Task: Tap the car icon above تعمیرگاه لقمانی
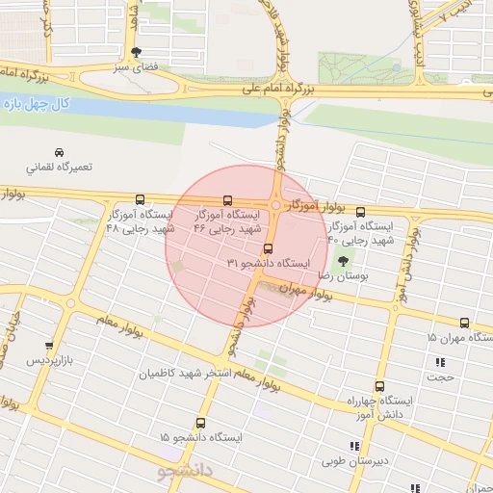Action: (x=60, y=152)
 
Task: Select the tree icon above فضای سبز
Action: (x=135, y=52)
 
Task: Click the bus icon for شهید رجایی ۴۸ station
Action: (x=142, y=199)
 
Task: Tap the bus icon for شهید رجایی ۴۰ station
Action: (x=361, y=212)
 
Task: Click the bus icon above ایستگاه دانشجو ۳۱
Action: (x=268, y=248)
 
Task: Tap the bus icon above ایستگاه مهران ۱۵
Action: (x=464, y=324)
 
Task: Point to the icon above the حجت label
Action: (x=440, y=362)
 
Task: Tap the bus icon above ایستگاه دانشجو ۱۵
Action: (x=200, y=423)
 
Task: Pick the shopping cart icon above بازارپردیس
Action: (x=48, y=345)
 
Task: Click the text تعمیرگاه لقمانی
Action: (x=60, y=167)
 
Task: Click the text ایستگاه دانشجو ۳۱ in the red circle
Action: (x=269, y=263)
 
